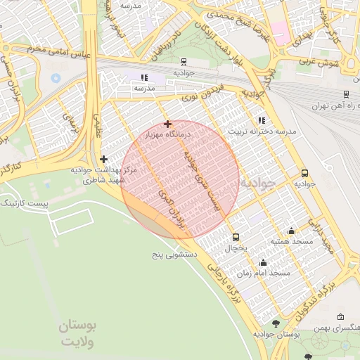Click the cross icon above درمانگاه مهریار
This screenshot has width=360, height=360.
pyautogui.click(x=167, y=124)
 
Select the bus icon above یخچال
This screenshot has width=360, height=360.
pyautogui.click(x=236, y=237)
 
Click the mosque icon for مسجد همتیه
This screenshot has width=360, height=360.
pyautogui.click(x=292, y=231)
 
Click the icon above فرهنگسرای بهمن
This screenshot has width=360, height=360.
pyautogui.click(x=341, y=317)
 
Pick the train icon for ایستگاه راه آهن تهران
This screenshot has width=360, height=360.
pyautogui.click(x=346, y=94)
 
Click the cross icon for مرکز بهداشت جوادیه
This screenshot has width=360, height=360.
pyautogui.click(x=104, y=159)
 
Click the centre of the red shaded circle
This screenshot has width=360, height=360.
pyautogui.click(x=180, y=179)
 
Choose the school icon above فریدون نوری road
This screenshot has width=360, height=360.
pyautogui.click(x=144, y=77)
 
